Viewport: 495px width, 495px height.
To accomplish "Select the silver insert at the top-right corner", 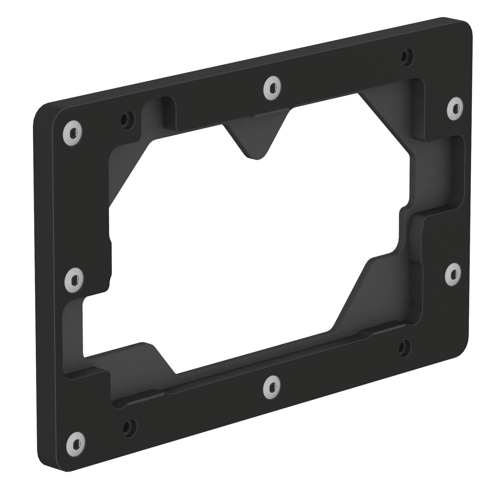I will (456, 108).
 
